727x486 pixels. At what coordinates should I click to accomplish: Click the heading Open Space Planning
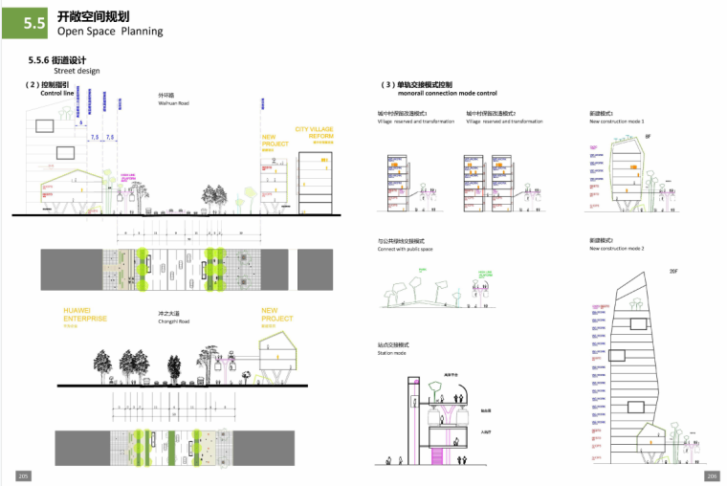point(110,31)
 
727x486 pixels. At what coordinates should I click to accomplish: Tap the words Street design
point(77,71)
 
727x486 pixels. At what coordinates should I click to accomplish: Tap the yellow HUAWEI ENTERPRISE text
point(85,315)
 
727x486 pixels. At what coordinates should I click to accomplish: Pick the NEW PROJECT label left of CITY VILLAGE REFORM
point(275,142)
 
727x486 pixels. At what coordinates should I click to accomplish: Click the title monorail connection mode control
point(447,94)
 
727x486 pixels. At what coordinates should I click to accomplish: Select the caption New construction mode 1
point(617,121)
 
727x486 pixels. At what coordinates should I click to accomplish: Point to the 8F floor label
point(647,138)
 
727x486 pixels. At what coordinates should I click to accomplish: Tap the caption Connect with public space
point(405,249)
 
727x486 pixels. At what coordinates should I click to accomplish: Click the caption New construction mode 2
point(617,249)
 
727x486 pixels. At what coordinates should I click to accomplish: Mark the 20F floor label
point(672,272)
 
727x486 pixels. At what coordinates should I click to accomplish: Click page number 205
point(23,475)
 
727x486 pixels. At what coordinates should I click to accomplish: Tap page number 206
point(712,475)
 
